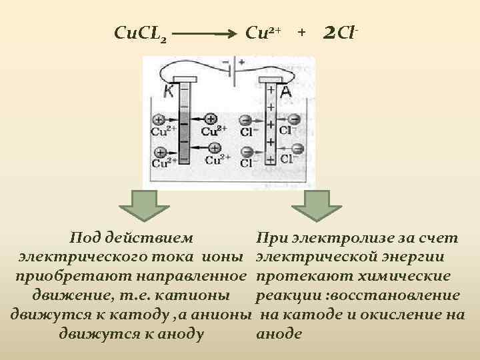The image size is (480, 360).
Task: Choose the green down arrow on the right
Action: tap(323, 205)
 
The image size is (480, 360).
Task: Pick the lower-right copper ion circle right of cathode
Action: tap(215, 148)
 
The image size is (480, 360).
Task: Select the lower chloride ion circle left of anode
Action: tap(245, 150)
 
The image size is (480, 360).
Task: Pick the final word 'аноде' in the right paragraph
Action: tap(279, 334)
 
